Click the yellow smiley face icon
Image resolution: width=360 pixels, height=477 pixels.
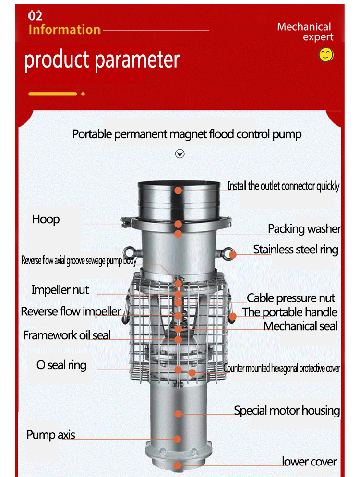coord(325,55)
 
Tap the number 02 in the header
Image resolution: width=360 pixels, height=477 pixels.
coord(35,16)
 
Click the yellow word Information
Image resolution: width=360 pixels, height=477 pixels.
coord(64,30)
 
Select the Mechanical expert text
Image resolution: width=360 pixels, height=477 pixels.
coord(305,32)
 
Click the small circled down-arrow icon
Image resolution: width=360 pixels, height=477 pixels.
coord(180,154)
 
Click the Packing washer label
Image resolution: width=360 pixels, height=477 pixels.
coord(304,229)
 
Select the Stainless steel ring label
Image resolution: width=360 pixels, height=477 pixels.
coord(296,250)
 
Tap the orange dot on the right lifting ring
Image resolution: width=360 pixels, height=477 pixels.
coord(232,255)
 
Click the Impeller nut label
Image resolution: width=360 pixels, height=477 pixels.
coord(60,290)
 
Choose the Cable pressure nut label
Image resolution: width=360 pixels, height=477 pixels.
coord(290,298)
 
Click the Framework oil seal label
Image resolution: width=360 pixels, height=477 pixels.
coord(67,335)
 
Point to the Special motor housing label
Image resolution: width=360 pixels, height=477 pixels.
coord(287,411)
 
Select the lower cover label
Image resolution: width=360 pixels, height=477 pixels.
coord(309,462)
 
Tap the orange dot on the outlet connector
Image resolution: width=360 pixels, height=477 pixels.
coord(179,191)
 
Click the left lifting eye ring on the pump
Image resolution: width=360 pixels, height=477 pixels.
coord(129,253)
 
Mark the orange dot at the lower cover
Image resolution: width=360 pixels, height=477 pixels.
coord(178,466)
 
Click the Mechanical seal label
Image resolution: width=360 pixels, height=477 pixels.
coord(300,326)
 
